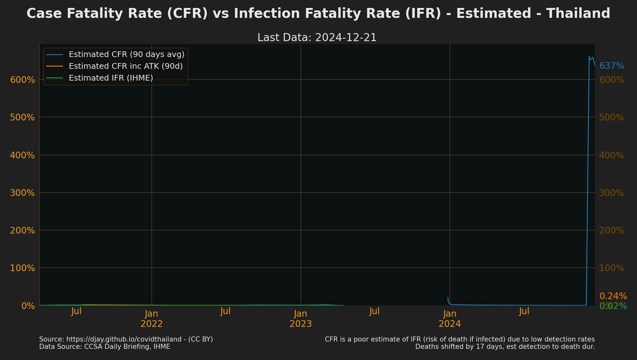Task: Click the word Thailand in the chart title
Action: pos(578,14)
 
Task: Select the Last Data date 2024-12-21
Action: pos(346,38)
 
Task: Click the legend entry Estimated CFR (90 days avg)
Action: pos(126,54)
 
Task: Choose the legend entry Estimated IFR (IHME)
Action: pos(111,78)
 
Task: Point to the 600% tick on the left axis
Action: pos(22,80)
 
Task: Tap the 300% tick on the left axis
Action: pos(22,193)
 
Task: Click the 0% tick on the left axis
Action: pos(28,306)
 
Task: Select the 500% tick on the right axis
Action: pos(612,117)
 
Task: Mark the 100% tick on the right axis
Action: pos(612,268)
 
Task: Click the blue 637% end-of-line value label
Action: pos(612,66)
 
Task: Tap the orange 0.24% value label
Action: pos(613,296)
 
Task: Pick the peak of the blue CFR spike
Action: pos(589,57)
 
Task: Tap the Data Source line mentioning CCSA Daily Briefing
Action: pos(104,347)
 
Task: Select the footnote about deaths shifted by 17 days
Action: pos(505,347)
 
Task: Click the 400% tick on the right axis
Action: pos(612,155)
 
